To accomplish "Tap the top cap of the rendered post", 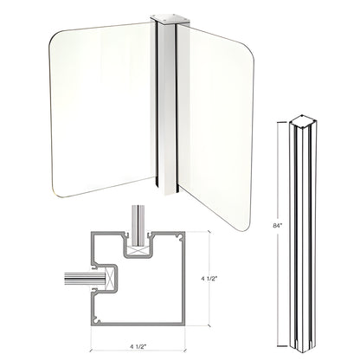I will coord(163,16).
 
